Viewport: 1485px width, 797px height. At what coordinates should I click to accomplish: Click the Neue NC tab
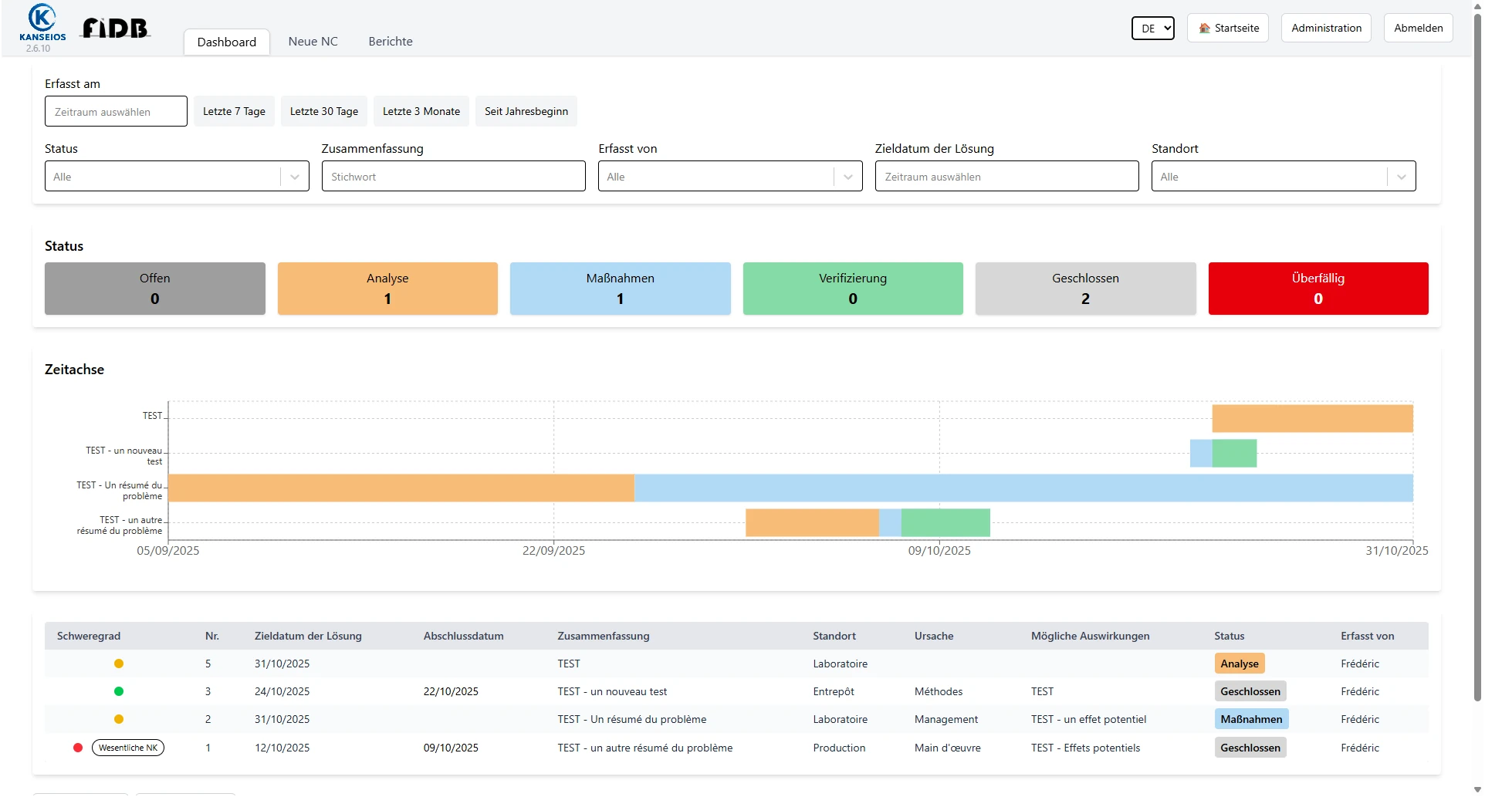point(313,42)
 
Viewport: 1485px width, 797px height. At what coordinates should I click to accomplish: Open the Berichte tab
point(390,42)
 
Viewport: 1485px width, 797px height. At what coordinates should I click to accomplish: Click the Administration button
point(1326,28)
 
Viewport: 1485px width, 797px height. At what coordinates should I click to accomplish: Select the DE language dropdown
point(1152,29)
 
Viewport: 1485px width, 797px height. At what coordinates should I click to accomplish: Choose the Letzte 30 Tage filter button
point(323,111)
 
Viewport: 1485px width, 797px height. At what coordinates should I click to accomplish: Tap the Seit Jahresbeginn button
point(526,111)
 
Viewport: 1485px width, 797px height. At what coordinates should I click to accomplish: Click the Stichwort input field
point(453,177)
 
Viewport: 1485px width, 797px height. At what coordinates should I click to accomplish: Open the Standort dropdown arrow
point(1401,177)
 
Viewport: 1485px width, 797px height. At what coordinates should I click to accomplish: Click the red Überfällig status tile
point(1318,289)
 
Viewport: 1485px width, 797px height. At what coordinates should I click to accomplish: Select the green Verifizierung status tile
point(852,289)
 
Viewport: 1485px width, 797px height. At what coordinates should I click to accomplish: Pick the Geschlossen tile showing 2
point(1084,289)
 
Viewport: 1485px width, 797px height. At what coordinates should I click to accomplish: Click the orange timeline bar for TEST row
point(1311,418)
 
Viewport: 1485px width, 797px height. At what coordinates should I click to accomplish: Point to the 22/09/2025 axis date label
point(553,551)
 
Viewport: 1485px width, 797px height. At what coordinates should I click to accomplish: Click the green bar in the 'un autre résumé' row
point(945,522)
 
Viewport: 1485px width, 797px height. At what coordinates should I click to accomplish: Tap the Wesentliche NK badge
point(128,748)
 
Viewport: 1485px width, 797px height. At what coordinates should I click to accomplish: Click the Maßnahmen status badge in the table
point(1250,719)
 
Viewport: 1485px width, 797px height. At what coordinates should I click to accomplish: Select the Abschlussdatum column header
point(463,636)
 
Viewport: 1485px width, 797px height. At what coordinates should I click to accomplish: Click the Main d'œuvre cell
point(947,748)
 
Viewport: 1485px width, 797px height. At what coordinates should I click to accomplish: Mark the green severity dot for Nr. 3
point(119,691)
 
